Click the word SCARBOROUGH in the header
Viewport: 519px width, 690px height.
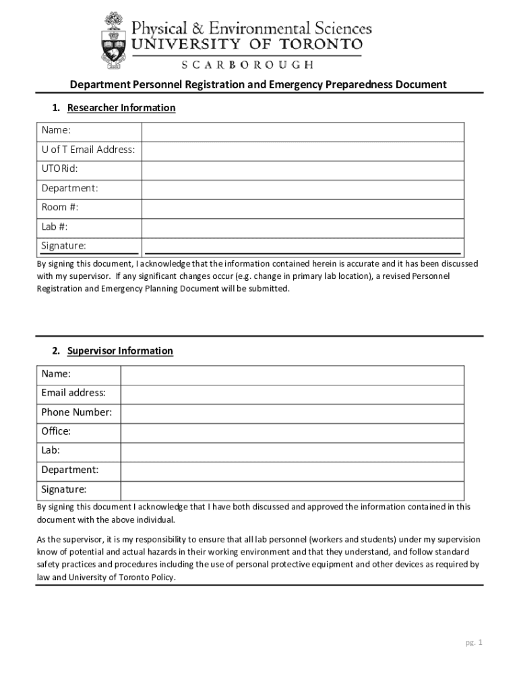pos(247,65)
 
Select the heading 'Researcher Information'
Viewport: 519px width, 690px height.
pos(121,108)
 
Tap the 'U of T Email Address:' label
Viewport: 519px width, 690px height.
pos(88,150)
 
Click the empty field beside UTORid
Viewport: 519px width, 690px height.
pos(302,169)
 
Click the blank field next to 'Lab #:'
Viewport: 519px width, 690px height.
pos(302,227)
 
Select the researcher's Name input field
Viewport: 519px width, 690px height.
pos(302,131)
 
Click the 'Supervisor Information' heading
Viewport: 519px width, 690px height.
pos(120,351)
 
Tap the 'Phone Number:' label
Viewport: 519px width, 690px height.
pos(76,412)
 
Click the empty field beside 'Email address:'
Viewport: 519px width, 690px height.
pos(292,394)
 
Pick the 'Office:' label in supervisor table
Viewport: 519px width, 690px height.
pos(56,431)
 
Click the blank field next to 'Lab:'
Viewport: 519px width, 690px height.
pos(292,451)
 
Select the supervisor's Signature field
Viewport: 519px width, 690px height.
pos(292,490)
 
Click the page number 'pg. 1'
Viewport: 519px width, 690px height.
pos(474,643)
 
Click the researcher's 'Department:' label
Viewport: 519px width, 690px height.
pos(69,188)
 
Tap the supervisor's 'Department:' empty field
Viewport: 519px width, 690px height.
pos(292,470)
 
